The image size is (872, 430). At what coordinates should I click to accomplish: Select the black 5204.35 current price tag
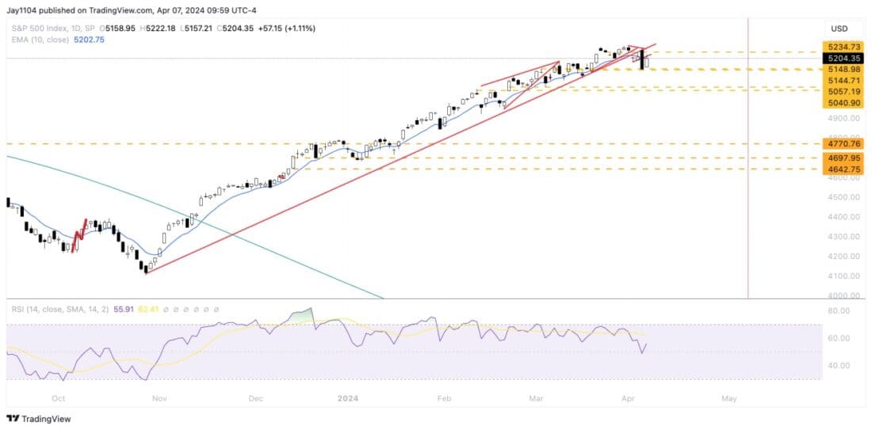point(839,59)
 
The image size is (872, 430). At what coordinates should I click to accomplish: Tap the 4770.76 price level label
point(839,144)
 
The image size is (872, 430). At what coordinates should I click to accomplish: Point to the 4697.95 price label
point(839,158)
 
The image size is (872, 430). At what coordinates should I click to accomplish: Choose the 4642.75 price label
point(839,169)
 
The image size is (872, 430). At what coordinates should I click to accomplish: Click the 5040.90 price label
point(839,102)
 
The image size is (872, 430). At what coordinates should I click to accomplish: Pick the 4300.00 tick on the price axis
point(843,237)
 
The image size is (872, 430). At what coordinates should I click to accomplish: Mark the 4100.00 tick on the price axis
point(843,276)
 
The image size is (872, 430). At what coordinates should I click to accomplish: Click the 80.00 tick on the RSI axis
point(839,311)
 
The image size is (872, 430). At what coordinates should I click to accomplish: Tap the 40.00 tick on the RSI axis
point(839,366)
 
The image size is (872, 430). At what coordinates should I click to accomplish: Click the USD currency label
point(839,29)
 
